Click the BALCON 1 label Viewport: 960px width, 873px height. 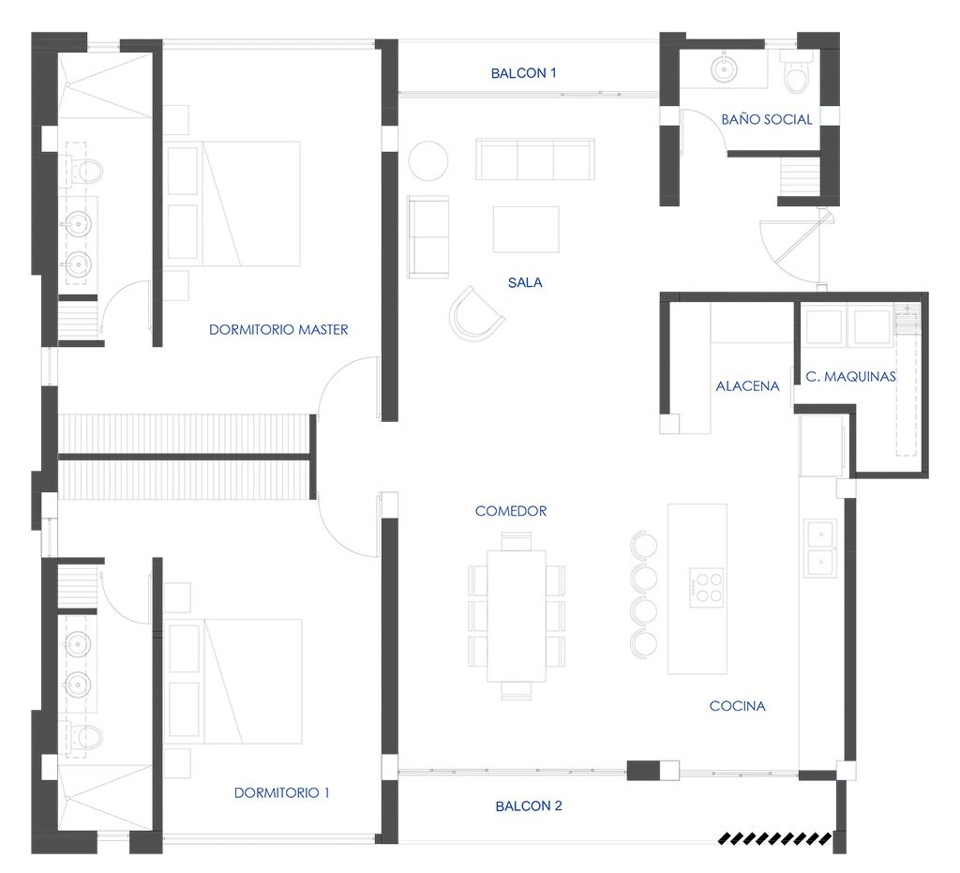pyautogui.click(x=523, y=73)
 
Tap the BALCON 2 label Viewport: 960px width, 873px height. pyautogui.click(x=529, y=805)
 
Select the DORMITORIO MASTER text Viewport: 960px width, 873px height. pyautogui.click(x=278, y=329)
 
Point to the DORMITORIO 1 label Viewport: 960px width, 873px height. pyautogui.click(x=281, y=792)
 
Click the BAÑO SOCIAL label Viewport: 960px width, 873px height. pyautogui.click(x=767, y=119)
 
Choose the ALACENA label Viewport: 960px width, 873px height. pyautogui.click(x=747, y=385)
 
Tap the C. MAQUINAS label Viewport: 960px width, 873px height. pyautogui.click(x=850, y=377)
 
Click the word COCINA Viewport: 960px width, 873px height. pyautogui.click(x=737, y=706)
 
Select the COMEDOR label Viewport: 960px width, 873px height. pyautogui.click(x=511, y=510)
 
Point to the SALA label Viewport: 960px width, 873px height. pyautogui.click(x=525, y=282)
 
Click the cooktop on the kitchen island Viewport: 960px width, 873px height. pyautogui.click(x=706, y=588)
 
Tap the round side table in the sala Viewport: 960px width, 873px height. pyautogui.click(x=428, y=161)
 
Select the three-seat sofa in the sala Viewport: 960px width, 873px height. pyautogui.click(x=535, y=159)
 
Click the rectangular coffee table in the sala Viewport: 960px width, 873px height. pyautogui.click(x=526, y=230)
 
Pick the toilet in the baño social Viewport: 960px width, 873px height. pyautogui.click(x=797, y=71)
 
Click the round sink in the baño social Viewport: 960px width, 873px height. pyautogui.click(x=725, y=69)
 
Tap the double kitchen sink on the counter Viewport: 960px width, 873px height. pyautogui.click(x=820, y=549)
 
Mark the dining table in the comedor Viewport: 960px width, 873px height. pyautogui.click(x=517, y=616)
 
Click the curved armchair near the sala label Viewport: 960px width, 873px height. pyautogui.click(x=475, y=313)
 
